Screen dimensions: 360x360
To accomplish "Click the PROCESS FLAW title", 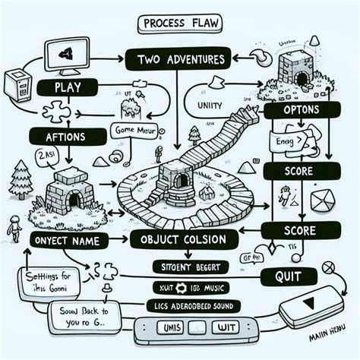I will tap(180, 24).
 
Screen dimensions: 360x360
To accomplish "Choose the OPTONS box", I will tap(302, 112).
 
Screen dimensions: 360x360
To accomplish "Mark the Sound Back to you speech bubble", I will tap(80, 314).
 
